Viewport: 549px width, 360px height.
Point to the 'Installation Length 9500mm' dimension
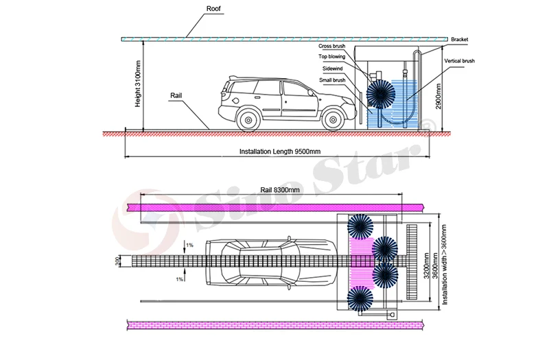[x=280, y=152]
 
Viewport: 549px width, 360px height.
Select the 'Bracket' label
[x=459, y=40]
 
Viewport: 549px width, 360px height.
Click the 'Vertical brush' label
[x=460, y=61]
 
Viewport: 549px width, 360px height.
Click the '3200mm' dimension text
[x=427, y=263]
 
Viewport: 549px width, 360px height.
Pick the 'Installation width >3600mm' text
[x=445, y=263]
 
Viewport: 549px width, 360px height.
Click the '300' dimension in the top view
[x=117, y=261]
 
